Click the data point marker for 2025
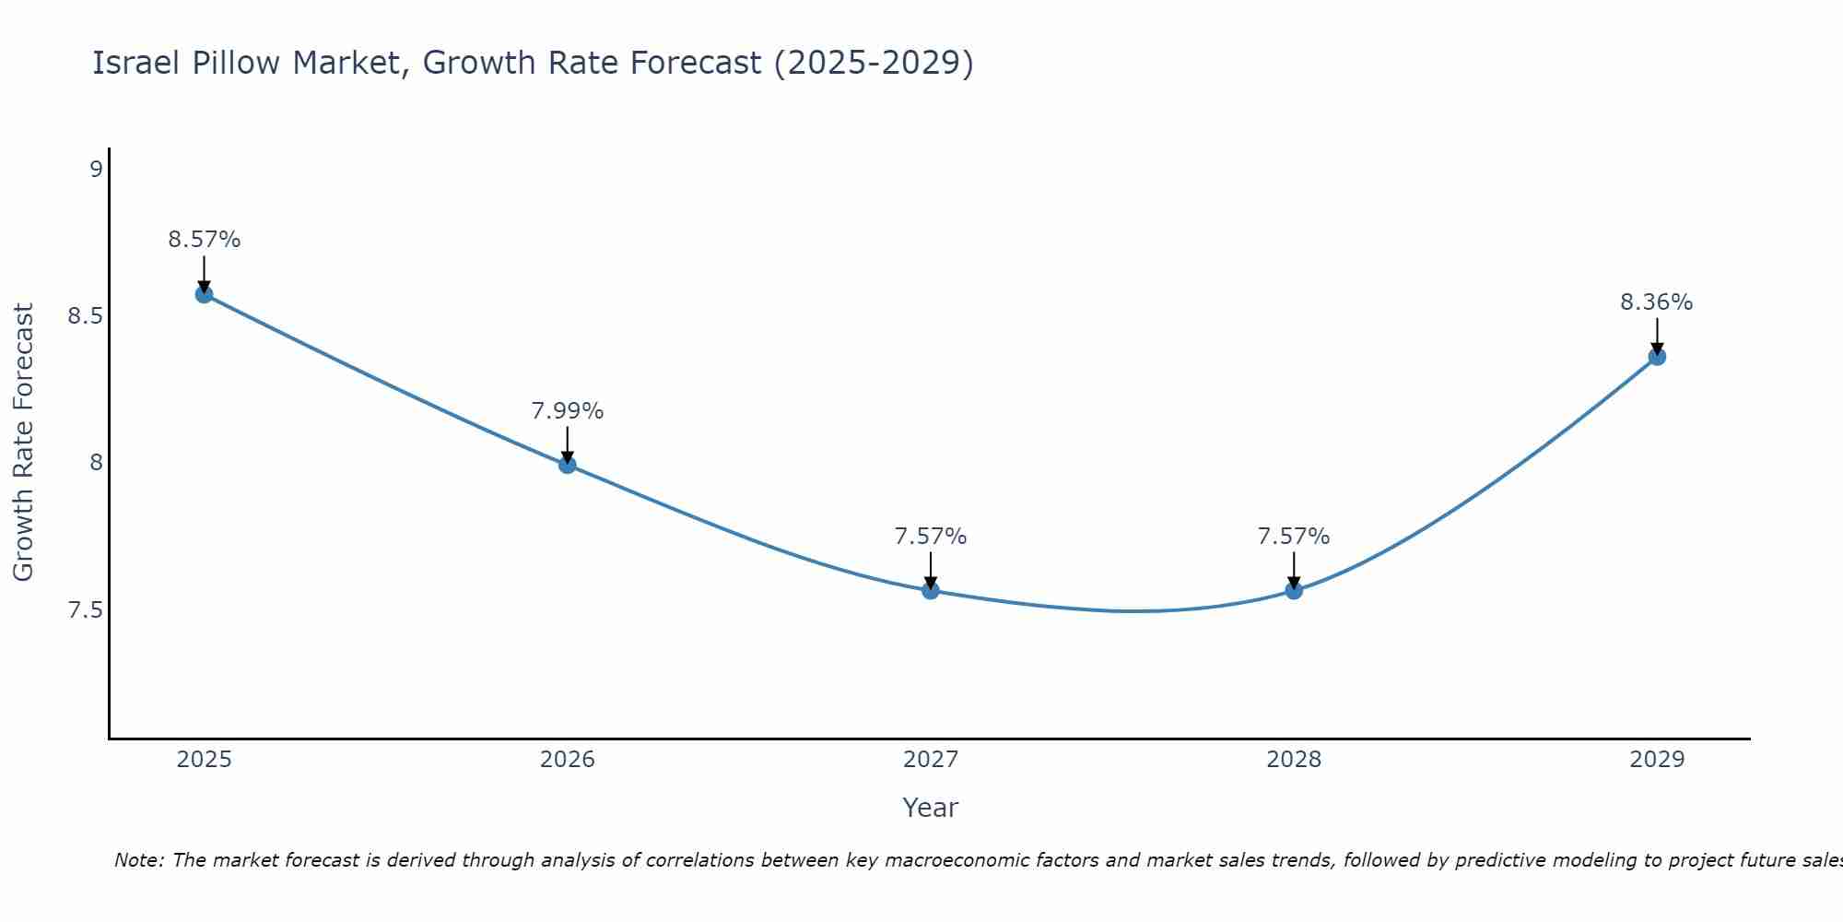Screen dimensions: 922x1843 coord(204,294)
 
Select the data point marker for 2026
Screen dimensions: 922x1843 coord(568,465)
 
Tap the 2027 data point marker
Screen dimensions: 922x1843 coord(931,590)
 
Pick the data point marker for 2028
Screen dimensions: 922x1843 coord(1294,590)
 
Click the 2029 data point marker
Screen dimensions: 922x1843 coord(1657,357)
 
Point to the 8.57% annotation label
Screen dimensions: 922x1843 coord(204,240)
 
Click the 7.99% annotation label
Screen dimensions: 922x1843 coord(568,411)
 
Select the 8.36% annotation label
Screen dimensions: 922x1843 coord(1656,302)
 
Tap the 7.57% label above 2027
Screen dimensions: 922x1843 coord(931,537)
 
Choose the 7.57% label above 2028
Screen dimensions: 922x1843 coord(1294,537)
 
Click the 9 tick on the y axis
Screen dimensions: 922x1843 coord(96,169)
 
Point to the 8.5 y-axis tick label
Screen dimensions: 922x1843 coord(85,316)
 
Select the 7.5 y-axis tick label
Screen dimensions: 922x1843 coord(85,610)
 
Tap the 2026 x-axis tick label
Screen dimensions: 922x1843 coord(568,760)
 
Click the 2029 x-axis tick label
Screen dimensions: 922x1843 coord(1657,760)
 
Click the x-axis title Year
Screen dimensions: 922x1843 coord(931,808)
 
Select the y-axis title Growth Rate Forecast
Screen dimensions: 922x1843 coord(23,443)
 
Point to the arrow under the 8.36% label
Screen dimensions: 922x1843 coord(1657,337)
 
